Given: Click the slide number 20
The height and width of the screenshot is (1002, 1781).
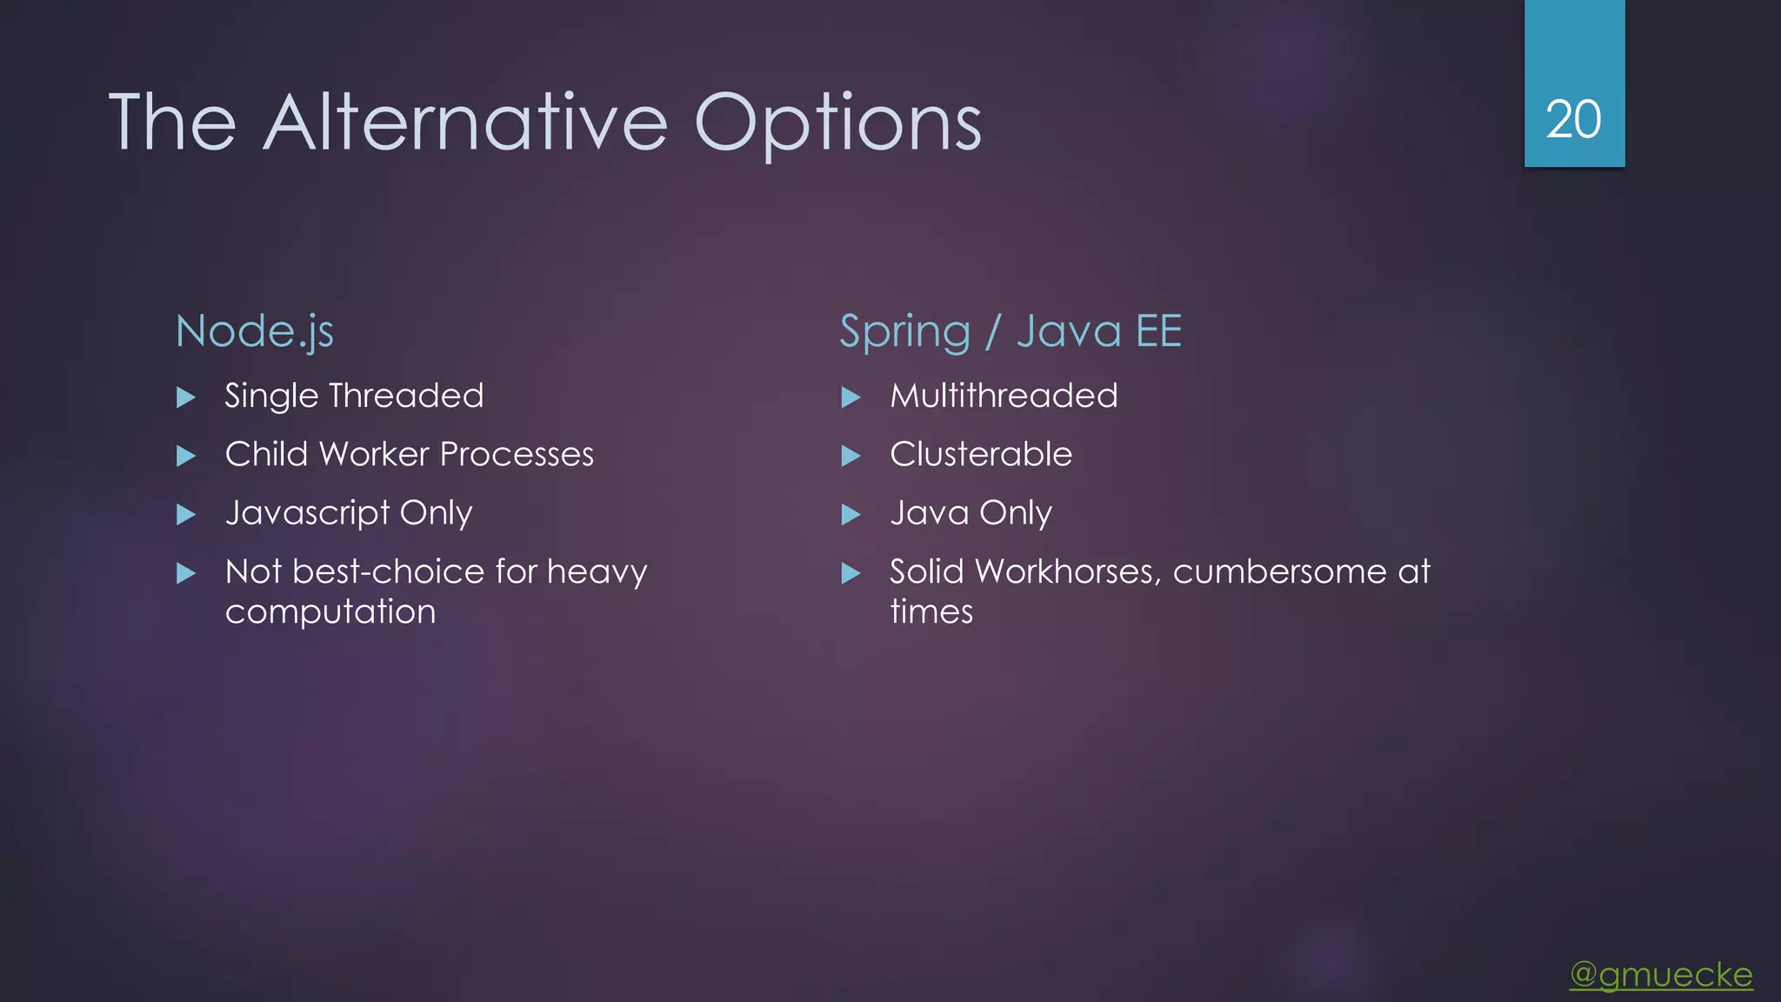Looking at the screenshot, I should click(1573, 120).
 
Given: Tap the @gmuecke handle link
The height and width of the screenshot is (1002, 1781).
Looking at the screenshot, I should click(1661, 974).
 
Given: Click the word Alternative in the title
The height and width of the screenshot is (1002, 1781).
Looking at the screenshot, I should click(465, 123).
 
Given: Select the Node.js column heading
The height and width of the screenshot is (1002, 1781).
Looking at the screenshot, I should click(255, 331).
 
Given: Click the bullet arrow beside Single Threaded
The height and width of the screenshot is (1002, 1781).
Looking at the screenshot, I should click(186, 397).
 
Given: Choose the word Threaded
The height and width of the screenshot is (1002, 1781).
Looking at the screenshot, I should click(406, 397).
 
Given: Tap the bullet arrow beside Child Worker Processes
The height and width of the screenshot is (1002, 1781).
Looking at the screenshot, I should click(186, 456).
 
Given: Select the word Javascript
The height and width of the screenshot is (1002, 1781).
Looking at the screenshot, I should click(307, 513).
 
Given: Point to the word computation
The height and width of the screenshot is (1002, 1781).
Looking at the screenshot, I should click(330, 612).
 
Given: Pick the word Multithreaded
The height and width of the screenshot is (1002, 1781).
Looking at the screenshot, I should click(1004, 397).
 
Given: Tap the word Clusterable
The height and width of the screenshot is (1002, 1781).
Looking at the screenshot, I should click(981, 455).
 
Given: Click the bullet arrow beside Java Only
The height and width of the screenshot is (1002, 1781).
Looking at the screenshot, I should click(850, 515).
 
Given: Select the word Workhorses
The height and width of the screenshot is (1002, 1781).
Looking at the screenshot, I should click(1069, 572).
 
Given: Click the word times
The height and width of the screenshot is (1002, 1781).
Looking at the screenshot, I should click(931, 612).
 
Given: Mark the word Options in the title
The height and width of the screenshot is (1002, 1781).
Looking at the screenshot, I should click(838, 123).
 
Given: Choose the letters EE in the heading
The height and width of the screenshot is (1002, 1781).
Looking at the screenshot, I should click(1159, 331).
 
